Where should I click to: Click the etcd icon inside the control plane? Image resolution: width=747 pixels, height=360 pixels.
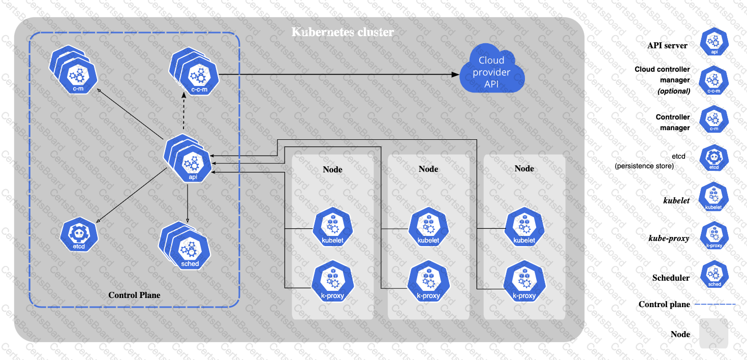[x=79, y=234]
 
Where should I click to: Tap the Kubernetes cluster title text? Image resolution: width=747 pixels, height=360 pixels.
[x=343, y=33]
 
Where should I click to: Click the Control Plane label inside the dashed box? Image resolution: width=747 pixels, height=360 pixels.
[x=134, y=295]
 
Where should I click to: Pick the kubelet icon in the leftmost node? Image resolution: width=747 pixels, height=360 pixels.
[x=332, y=227]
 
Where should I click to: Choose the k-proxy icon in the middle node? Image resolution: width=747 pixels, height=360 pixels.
[x=428, y=283]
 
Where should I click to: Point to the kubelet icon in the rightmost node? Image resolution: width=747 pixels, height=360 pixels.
[x=524, y=227]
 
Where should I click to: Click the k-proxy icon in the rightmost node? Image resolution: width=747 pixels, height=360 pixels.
[x=524, y=283]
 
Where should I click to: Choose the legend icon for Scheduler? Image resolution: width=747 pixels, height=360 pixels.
[x=714, y=275]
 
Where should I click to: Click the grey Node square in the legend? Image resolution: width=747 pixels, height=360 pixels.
[x=713, y=334]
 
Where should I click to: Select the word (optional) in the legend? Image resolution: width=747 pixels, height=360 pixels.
[x=674, y=91]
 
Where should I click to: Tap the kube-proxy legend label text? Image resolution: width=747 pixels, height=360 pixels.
[x=669, y=237]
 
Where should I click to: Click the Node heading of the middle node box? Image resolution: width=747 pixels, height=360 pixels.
[x=428, y=169]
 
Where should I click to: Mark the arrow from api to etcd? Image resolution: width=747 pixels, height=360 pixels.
[x=132, y=195]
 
